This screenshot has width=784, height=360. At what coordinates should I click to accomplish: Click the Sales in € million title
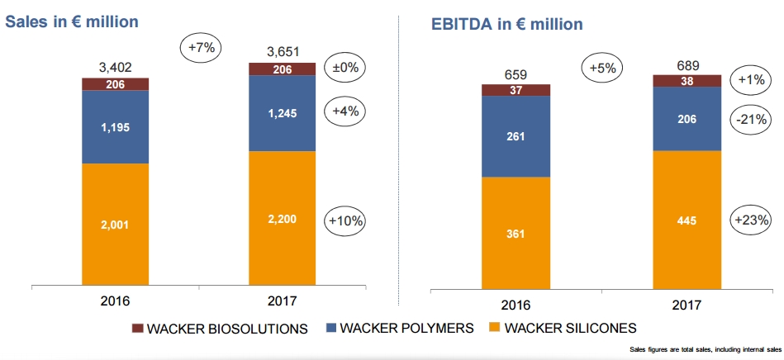coord(72,21)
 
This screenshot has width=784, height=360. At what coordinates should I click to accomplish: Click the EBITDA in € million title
coord(507,24)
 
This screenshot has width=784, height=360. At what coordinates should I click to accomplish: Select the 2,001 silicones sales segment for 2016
coord(115,224)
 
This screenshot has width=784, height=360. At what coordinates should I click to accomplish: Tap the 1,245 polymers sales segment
coord(283,113)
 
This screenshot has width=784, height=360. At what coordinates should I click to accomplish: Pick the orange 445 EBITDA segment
coord(686,220)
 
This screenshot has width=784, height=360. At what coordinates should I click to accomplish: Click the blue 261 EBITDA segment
coord(516,136)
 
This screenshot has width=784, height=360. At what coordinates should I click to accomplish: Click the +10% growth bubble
coord(346,220)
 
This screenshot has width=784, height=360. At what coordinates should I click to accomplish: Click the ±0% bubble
coord(346,67)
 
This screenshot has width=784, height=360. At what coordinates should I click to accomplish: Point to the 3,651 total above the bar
coord(283,51)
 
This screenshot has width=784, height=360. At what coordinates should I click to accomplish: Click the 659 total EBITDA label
coord(516,72)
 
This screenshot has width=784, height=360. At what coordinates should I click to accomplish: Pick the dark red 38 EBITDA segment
coord(686,81)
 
